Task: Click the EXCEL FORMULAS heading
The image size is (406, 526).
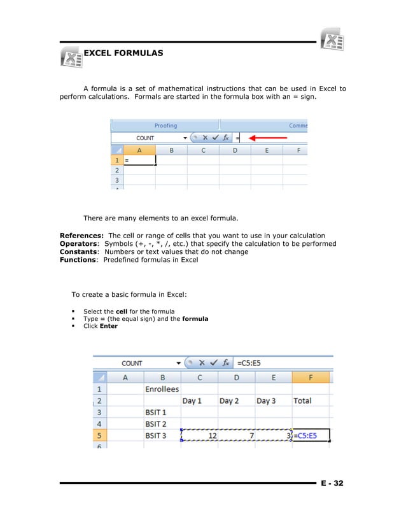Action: [x=123, y=53]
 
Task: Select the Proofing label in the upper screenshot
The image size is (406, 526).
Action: [x=165, y=125]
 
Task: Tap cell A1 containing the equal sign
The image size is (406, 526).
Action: [x=139, y=161]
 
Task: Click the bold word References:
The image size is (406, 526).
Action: [x=81, y=236]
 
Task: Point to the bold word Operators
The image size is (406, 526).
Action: [x=79, y=244]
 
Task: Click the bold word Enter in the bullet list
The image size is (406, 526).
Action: [x=109, y=326]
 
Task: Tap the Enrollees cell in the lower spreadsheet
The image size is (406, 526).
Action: [x=162, y=388]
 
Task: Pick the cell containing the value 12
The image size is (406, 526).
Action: [x=200, y=436]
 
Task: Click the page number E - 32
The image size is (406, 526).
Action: [x=331, y=483]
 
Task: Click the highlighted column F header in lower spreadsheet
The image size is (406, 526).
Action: [x=311, y=377]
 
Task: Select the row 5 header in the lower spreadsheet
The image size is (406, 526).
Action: [x=99, y=436]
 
